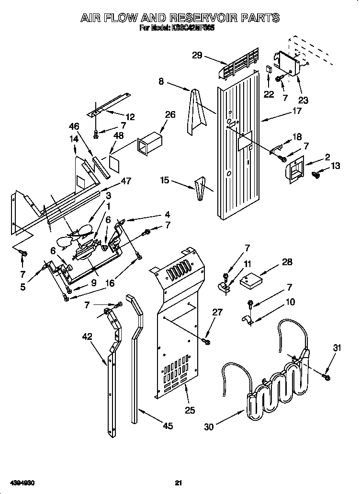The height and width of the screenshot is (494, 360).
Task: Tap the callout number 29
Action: (x=197, y=55)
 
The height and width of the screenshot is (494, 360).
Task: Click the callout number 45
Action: (x=167, y=426)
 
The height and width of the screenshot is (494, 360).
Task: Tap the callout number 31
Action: (x=337, y=348)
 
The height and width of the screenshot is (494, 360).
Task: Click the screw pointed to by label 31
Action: (x=327, y=378)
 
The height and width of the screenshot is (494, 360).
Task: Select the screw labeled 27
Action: (x=206, y=340)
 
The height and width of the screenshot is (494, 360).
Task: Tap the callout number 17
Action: (x=297, y=111)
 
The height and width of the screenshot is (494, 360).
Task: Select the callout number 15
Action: (x=165, y=180)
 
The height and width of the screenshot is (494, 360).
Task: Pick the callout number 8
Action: (x=161, y=82)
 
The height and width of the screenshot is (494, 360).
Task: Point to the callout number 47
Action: (x=126, y=181)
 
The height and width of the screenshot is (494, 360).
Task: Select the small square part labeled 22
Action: (x=269, y=69)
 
